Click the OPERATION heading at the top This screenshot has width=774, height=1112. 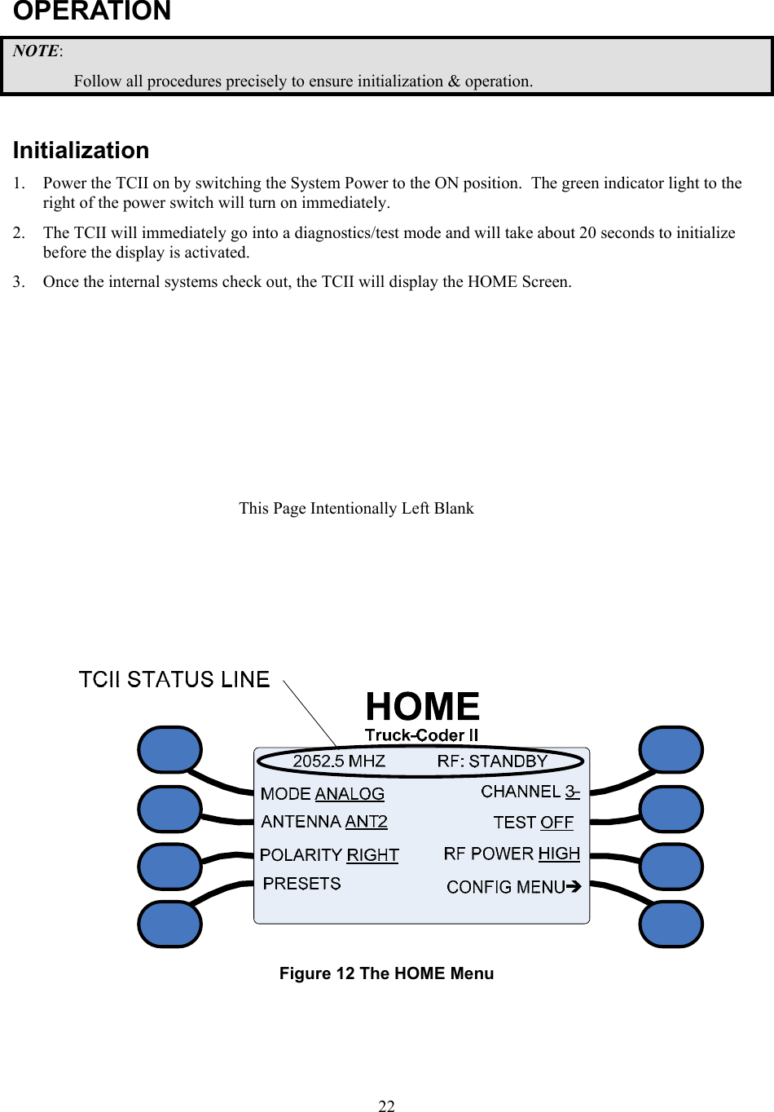(x=92, y=11)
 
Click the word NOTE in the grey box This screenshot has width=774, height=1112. (x=36, y=51)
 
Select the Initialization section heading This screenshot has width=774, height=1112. (x=81, y=151)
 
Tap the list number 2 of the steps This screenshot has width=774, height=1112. (x=18, y=233)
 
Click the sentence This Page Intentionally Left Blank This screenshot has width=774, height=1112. (x=356, y=509)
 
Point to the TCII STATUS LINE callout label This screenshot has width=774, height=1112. (x=174, y=680)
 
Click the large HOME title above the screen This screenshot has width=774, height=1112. (x=422, y=706)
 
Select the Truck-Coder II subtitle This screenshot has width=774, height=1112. (x=421, y=735)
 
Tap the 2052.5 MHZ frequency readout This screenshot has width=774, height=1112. (x=339, y=761)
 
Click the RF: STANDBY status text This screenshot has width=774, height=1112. (x=492, y=761)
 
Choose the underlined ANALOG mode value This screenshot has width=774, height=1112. (x=350, y=794)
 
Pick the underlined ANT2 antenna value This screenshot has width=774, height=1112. (x=366, y=822)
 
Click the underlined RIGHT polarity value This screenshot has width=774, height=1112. (x=372, y=855)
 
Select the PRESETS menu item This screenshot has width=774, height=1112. (x=301, y=884)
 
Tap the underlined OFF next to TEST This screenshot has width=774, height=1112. (x=557, y=823)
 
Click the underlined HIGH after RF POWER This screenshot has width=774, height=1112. (x=559, y=854)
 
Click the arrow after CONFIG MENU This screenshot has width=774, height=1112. (x=574, y=886)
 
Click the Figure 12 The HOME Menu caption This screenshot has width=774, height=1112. (x=386, y=973)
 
